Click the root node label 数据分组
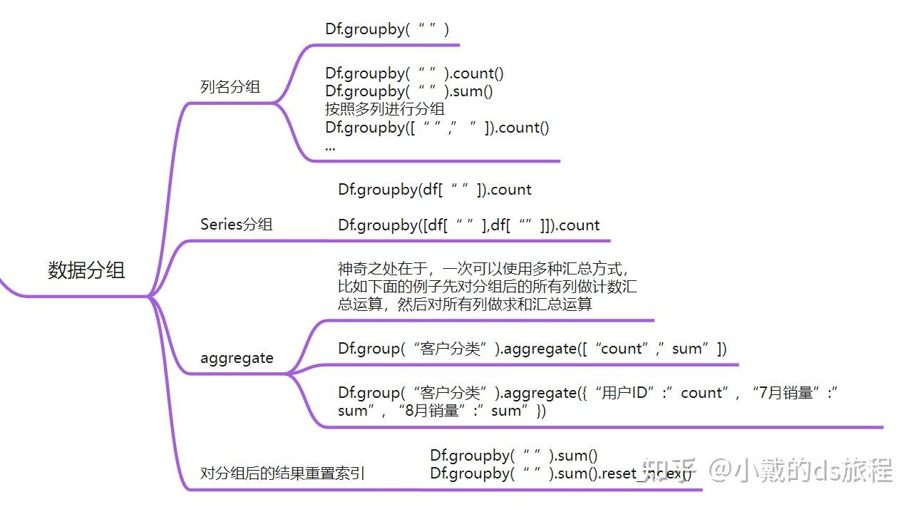86,271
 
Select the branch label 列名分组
230,87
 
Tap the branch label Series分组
237,225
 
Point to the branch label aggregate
237,358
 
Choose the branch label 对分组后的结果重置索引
282,473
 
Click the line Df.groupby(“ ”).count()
414,73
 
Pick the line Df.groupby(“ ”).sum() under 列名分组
408,91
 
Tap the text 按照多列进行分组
385,109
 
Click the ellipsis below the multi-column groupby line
330,148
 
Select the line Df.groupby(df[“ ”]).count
434,190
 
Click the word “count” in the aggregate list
621,349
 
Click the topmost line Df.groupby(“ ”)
387,29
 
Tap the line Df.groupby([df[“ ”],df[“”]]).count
468,225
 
